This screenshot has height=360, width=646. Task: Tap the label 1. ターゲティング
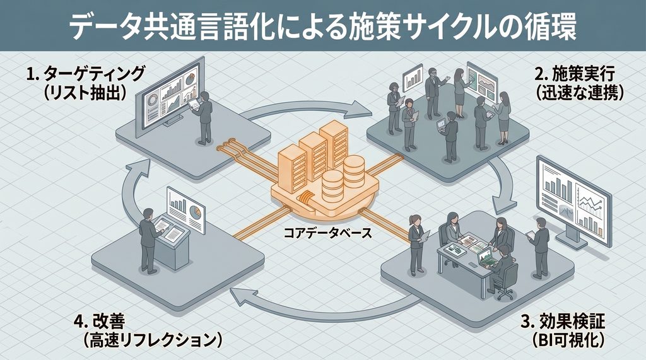tap(86, 74)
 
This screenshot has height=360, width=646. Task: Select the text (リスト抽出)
tap(84, 93)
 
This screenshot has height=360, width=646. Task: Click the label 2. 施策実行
tap(575, 74)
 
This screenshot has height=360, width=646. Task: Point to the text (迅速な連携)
tap(580, 93)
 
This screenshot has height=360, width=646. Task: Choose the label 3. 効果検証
tap(563, 322)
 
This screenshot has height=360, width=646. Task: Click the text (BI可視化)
tap(568, 340)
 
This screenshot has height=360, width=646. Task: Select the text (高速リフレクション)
tap(152, 340)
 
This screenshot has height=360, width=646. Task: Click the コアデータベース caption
tap(327, 233)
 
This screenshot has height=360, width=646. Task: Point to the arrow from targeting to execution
tap(307, 105)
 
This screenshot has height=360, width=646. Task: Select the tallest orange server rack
tap(334, 146)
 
